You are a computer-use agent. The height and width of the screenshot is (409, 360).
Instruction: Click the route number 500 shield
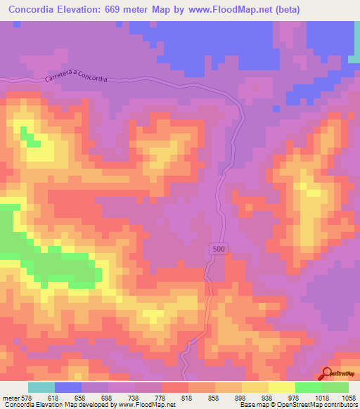(218, 249)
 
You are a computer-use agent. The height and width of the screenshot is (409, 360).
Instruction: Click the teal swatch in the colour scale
(41, 387)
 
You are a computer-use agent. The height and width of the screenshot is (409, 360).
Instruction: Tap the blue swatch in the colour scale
(68, 387)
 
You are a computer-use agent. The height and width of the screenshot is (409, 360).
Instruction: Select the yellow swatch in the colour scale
(282, 387)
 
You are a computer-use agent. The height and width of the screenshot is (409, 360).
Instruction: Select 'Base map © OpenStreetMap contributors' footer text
(297, 404)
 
